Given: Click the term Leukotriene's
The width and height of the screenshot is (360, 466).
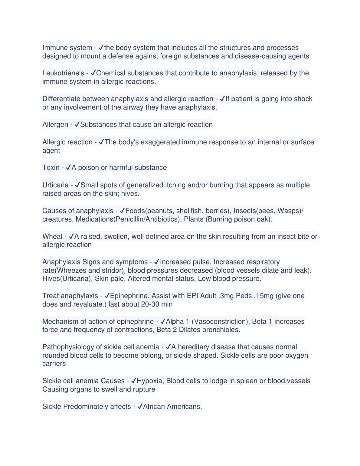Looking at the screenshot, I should point(63,73).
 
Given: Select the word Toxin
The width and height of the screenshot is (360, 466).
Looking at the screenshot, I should point(51,168).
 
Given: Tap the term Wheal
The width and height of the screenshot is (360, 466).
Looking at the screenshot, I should point(52,236).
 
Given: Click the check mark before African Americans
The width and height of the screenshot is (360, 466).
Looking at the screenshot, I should point(140,407).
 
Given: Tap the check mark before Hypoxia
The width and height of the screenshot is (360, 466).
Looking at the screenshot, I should point(134,381).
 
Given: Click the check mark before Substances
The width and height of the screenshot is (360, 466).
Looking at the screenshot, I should point(77,125).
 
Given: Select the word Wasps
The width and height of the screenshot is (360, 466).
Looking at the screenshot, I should point(290,211).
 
